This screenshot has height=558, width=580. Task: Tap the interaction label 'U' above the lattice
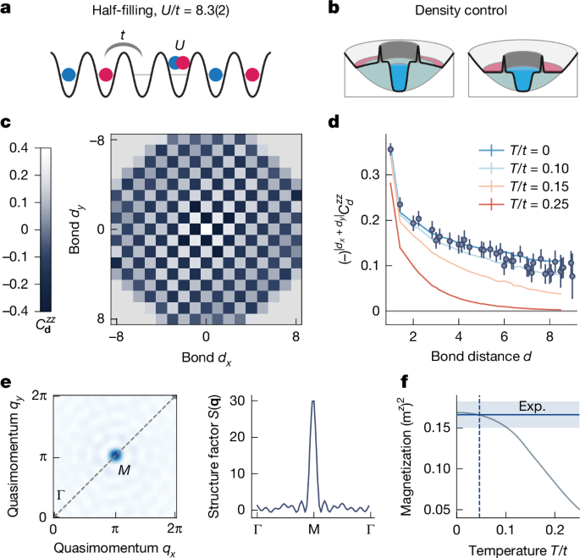178,43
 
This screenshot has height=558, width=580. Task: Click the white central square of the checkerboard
207,229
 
